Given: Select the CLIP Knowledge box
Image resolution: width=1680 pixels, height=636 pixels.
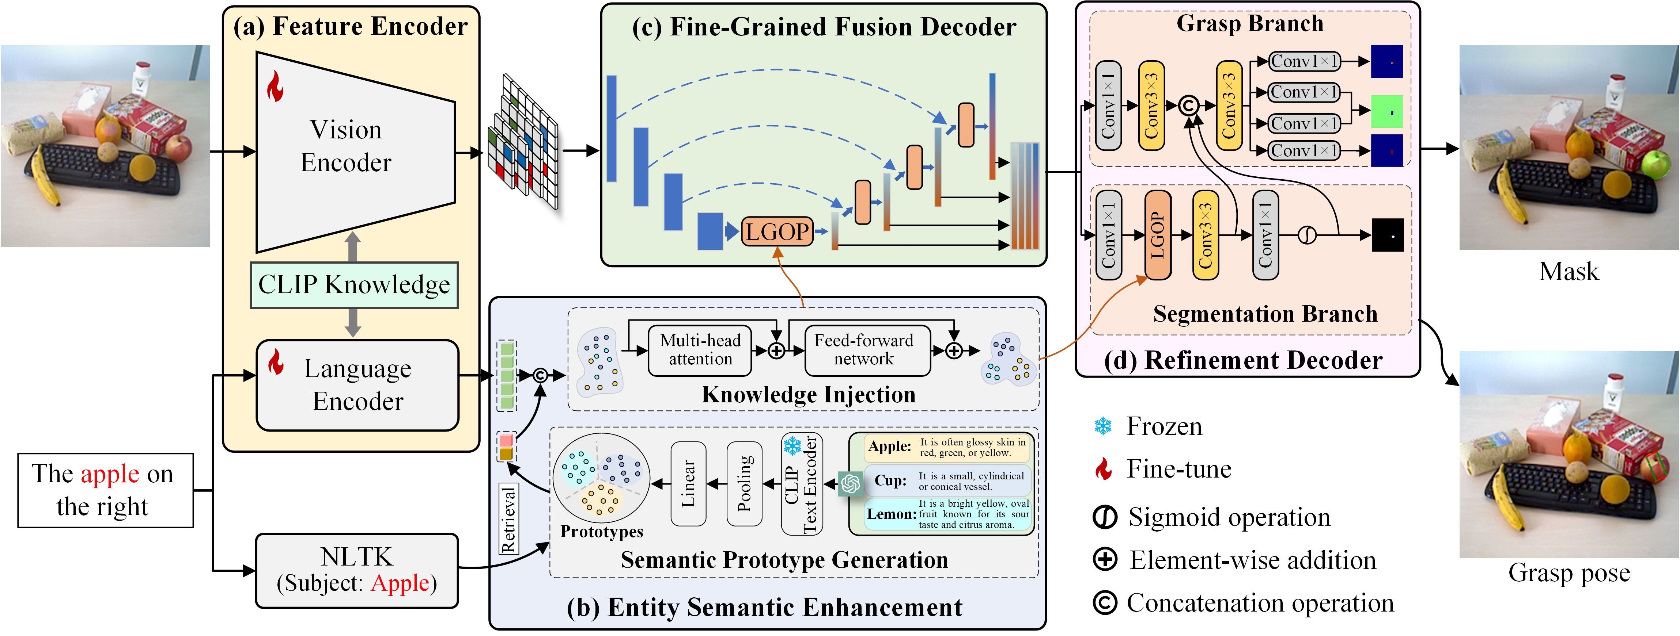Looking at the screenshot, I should [354, 285].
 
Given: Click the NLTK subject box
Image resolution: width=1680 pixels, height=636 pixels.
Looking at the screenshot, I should [357, 571].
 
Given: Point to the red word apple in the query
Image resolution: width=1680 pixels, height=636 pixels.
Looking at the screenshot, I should [110, 474].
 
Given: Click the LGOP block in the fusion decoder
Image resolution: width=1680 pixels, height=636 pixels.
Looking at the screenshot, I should [777, 232].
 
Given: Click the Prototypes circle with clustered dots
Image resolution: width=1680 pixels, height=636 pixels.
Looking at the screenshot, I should [601, 479].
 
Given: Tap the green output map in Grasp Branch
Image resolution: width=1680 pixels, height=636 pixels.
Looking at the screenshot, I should [1386, 111].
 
